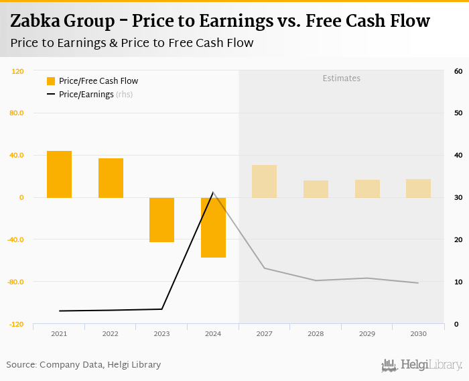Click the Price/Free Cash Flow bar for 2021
[59, 174]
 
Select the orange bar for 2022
[111, 178]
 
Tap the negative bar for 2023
[161, 219]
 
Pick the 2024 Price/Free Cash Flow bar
[213, 227]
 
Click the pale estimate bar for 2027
[264, 181]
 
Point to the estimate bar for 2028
[316, 188]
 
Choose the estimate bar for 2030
[418, 188]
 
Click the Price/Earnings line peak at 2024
[213, 193]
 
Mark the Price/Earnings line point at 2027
[264, 268]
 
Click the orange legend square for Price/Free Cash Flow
[51, 81]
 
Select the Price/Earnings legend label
[86, 95]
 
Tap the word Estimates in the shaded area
[342, 78]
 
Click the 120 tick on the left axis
[18, 71]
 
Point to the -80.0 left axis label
[16, 282]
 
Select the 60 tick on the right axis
[458, 71]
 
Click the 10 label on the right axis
[458, 282]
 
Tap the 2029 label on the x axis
[366, 333]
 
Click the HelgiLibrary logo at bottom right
[422, 366]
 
